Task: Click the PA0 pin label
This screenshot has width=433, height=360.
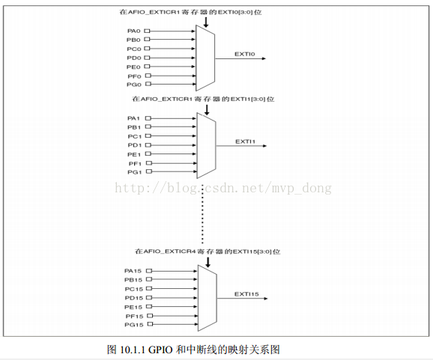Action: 134,31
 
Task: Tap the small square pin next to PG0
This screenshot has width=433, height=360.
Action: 148,84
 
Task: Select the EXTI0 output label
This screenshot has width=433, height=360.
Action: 245,54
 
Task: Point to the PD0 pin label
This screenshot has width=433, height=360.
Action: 134,58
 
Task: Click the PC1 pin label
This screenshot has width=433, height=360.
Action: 135,136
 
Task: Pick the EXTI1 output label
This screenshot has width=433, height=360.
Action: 245,141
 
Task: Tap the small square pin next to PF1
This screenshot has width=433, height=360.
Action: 149,162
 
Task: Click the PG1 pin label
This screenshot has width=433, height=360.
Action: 135,172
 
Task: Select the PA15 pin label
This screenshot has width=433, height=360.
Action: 133,271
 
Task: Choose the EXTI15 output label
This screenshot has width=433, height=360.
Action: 246,294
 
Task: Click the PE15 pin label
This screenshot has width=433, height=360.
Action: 133,307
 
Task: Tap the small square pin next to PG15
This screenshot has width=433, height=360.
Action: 150,324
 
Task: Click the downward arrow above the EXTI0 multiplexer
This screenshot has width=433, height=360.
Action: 205,22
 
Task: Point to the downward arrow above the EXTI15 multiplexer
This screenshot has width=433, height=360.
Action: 208,262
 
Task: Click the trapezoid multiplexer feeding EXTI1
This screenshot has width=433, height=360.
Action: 206,145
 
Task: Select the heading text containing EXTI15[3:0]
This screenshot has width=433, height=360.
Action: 208,251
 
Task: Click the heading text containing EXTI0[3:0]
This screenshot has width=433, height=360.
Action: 190,12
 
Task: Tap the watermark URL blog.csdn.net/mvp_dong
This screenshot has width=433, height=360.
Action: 223,188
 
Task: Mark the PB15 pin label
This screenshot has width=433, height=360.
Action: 133,280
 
